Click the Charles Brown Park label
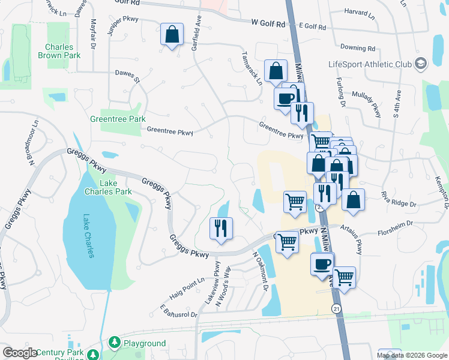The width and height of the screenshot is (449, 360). point(59,52)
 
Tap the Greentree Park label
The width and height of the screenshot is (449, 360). point(118,119)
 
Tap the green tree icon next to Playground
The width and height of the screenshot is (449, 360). point(113,343)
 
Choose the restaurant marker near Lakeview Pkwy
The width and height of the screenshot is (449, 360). point(221,228)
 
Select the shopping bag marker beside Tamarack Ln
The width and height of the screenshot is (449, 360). point(275,70)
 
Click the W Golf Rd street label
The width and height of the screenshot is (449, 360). point(268,23)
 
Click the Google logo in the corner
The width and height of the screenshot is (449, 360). point(20,353)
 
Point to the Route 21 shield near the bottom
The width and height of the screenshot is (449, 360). point(336,308)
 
